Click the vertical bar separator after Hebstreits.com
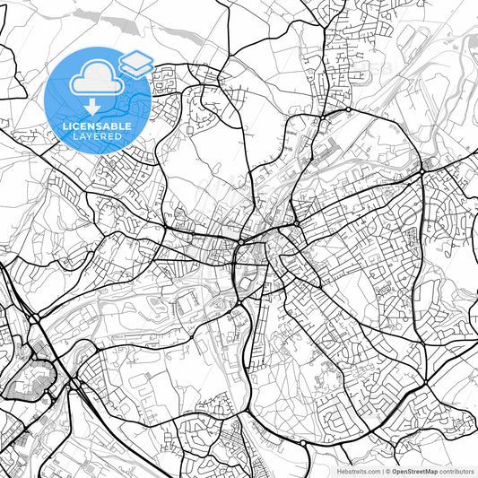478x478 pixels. (381, 470)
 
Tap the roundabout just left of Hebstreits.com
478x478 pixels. (304, 443)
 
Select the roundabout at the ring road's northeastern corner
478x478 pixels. (422, 168)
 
